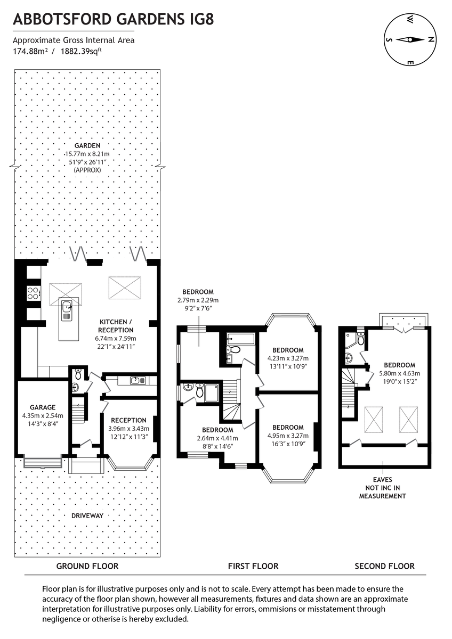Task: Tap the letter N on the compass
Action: (431, 39)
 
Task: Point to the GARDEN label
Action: (87, 146)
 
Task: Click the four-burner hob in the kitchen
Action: (33, 292)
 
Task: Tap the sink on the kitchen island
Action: (67, 307)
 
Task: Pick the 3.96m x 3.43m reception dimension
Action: (128, 428)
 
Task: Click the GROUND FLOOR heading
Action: (87, 566)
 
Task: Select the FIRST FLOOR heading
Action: (253, 566)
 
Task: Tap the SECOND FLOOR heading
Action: (384, 566)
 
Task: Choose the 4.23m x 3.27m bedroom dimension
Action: (288, 358)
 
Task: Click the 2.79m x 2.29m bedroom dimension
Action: (198, 300)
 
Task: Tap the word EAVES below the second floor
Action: (382, 480)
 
